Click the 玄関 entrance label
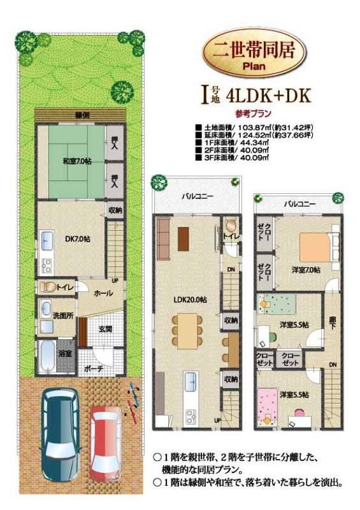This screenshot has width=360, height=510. tap(106, 328)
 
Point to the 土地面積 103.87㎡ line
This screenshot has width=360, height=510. tap(249, 127)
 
